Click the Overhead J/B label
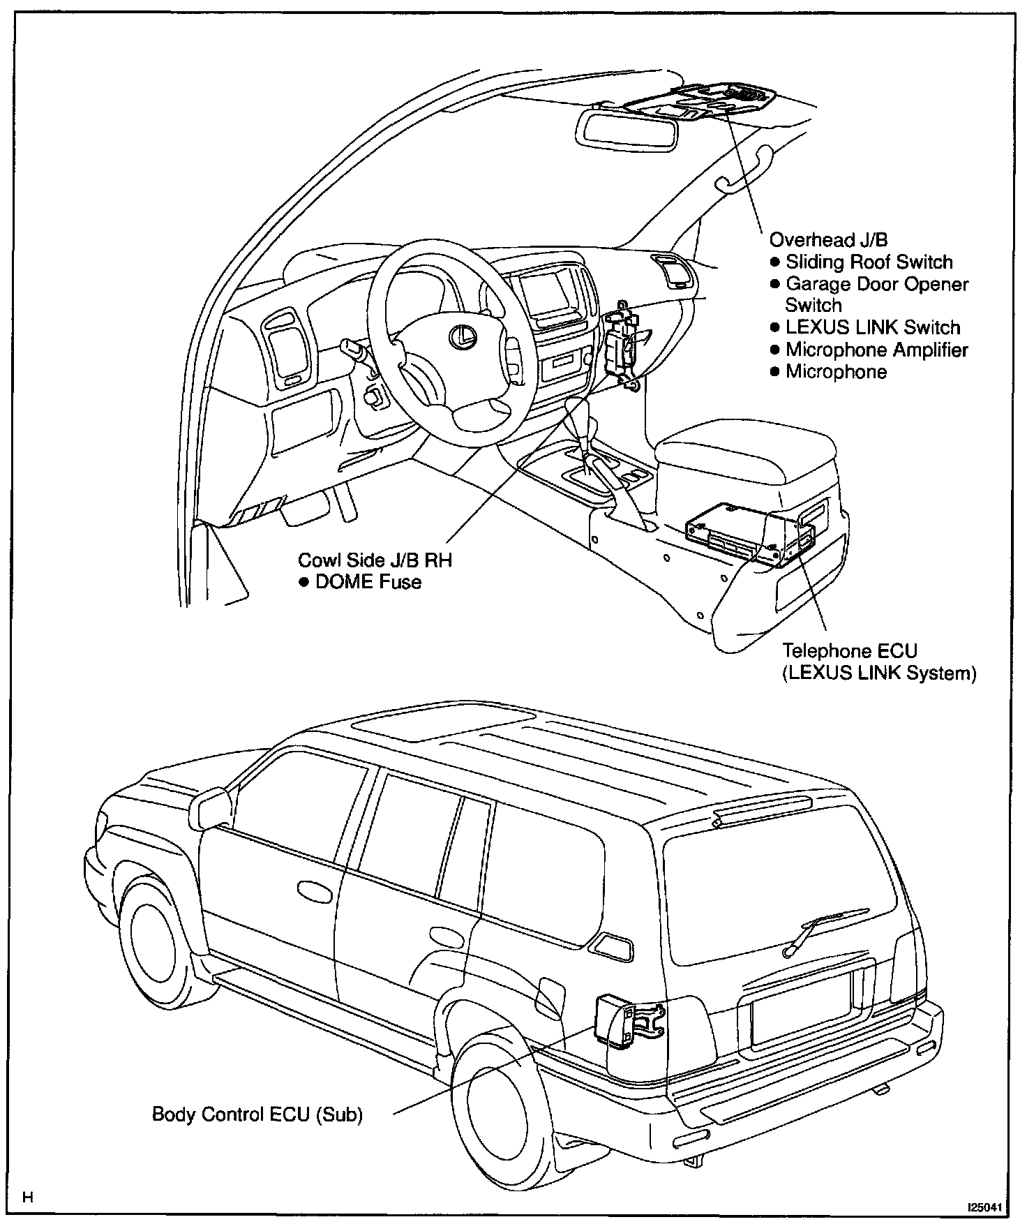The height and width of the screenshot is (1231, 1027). tap(828, 240)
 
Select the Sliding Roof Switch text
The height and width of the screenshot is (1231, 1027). tap(869, 262)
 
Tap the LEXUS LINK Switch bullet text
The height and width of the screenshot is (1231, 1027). tap(872, 327)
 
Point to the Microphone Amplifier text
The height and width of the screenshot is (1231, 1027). tap(876, 350)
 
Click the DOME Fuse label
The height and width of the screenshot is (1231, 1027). tap(368, 582)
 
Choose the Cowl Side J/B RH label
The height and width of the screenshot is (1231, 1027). tap(375, 560)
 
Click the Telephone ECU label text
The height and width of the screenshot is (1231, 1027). tap(849, 651)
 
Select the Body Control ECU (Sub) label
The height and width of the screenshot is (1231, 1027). tap(257, 1114)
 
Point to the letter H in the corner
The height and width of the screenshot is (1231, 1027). tap(28, 1199)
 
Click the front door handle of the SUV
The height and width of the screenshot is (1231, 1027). tap(315, 889)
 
